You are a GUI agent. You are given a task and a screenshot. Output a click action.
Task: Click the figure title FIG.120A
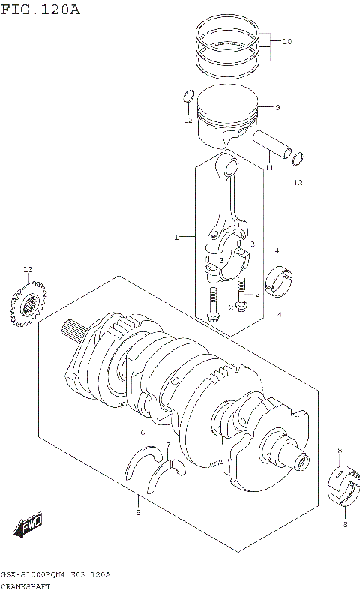pos(40,10)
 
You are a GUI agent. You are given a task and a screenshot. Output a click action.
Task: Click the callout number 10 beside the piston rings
pos(286,42)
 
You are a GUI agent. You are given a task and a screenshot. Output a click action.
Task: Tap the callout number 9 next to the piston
pos(277,108)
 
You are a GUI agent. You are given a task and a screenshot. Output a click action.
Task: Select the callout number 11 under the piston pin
pos(268,169)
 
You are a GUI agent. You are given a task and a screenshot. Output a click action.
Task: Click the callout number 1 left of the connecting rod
pos(176,238)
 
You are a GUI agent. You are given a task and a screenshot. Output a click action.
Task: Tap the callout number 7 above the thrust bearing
pos(168,445)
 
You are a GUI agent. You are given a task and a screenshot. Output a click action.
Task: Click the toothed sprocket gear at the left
pos(28,304)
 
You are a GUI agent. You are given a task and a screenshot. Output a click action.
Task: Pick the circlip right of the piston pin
pos(298,159)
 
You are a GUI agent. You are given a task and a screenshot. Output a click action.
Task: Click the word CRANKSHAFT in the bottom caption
pos(26,586)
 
